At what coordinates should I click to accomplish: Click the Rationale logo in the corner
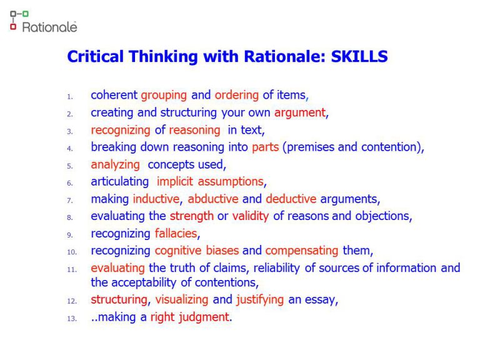(x=43, y=22)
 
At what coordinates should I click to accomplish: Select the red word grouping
(x=164, y=96)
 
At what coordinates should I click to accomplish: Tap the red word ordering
(x=236, y=96)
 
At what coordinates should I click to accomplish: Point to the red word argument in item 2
(x=300, y=113)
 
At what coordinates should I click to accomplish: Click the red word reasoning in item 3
(x=194, y=131)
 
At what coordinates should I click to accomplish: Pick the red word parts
(x=265, y=147)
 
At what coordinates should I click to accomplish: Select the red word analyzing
(x=116, y=165)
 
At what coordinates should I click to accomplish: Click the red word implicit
(x=176, y=182)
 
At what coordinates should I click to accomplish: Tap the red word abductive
(x=213, y=199)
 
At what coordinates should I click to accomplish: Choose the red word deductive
(x=291, y=199)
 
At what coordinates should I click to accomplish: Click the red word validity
(x=251, y=217)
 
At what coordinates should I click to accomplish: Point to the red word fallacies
(x=176, y=234)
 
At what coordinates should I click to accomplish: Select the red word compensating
(x=302, y=251)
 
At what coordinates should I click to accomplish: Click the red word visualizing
(x=182, y=300)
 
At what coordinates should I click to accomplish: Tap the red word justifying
(x=260, y=300)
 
